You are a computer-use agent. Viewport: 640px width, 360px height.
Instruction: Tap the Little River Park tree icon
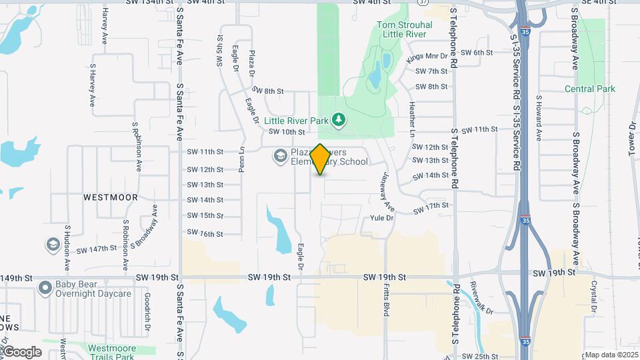[x=339, y=119]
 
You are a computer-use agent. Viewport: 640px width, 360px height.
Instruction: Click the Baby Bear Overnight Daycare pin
[x=45, y=288]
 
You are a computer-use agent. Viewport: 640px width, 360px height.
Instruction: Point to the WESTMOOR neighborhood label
[x=111, y=197]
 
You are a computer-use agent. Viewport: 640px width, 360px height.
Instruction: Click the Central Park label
[x=589, y=89]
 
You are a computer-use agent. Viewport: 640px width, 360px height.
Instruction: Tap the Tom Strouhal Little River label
[x=405, y=30]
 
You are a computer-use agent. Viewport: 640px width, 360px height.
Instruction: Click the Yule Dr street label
[x=381, y=218]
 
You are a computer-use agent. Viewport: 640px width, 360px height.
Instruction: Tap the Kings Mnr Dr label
[x=429, y=57]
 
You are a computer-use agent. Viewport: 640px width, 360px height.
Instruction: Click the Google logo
[x=21, y=352]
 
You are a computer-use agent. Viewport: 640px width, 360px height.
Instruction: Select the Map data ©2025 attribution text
[x=611, y=355]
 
